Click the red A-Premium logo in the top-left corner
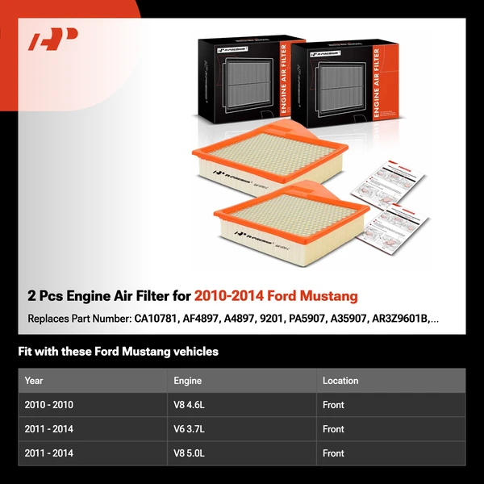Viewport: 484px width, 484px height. click(x=53, y=40)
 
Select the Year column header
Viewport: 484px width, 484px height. click(x=34, y=381)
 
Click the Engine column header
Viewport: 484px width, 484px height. click(x=187, y=381)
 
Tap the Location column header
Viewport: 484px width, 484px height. click(x=340, y=381)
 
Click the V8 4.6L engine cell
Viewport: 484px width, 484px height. click(x=190, y=405)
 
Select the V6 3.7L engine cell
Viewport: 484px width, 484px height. click(x=190, y=429)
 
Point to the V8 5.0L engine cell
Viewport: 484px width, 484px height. click(x=190, y=453)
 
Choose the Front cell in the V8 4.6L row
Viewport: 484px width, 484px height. click(x=333, y=405)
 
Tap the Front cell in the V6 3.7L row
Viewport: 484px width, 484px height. click(x=333, y=429)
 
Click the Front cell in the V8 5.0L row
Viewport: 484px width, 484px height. click(x=333, y=453)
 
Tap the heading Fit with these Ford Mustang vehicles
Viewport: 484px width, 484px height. click(x=118, y=352)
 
